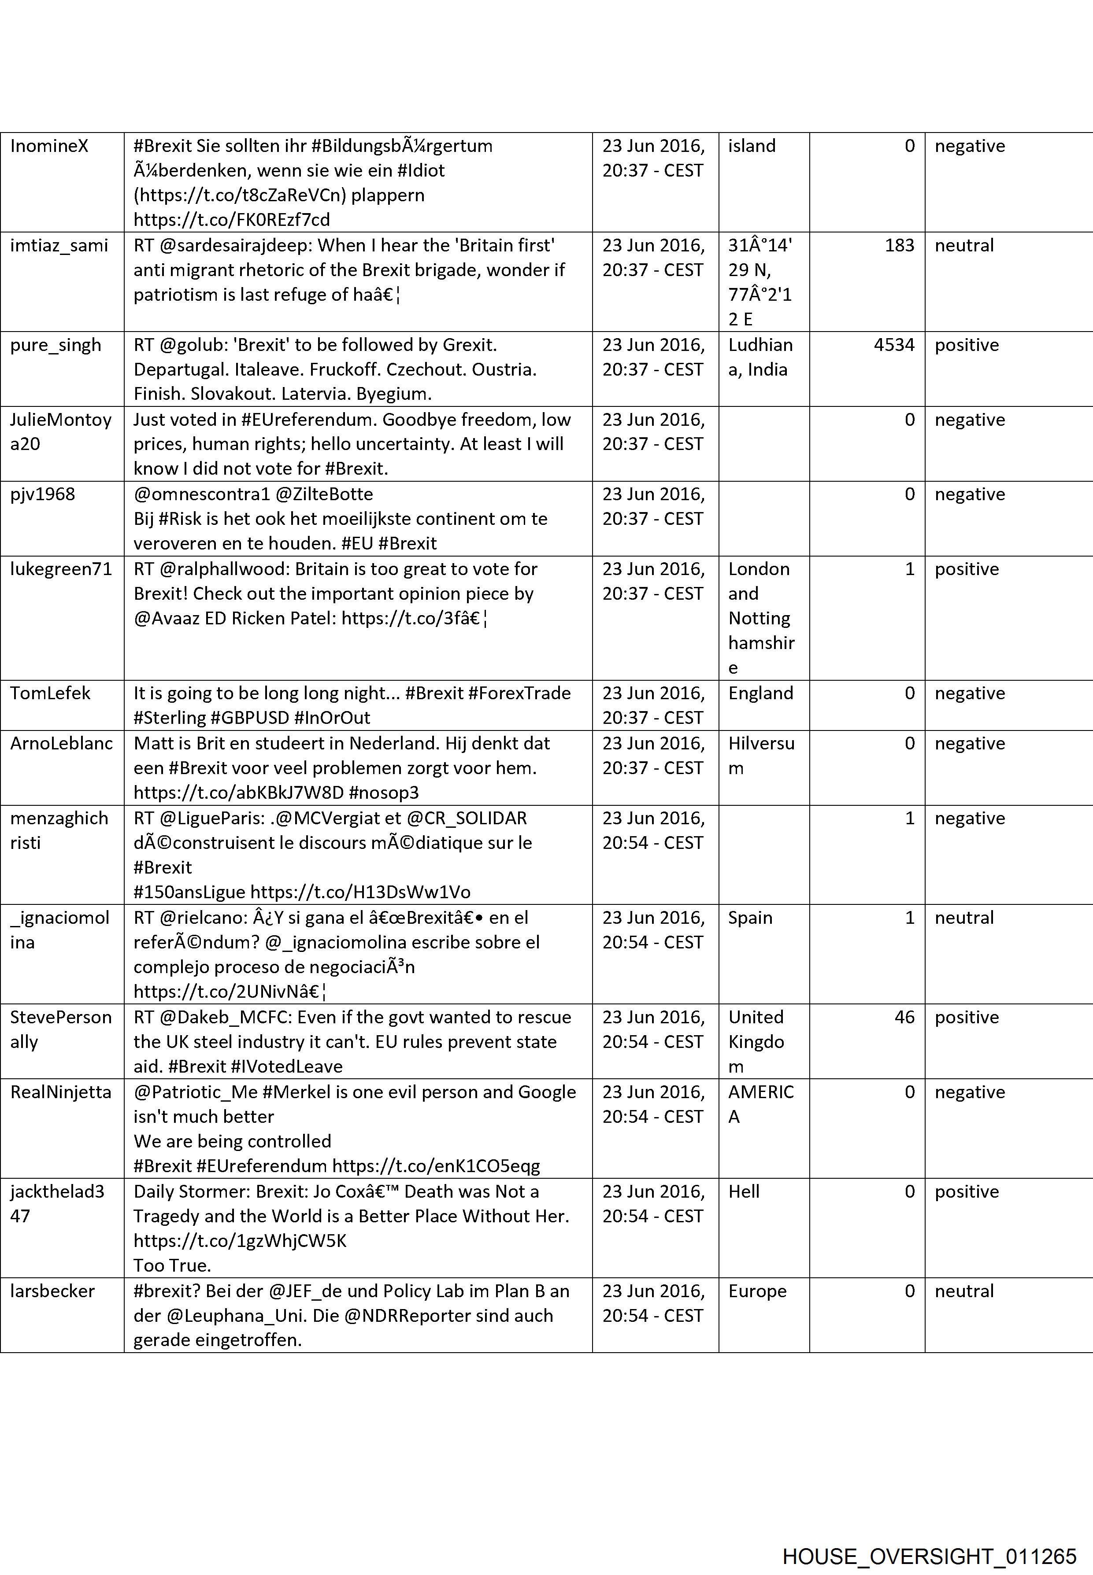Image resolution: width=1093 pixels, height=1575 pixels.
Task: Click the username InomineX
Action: click(x=49, y=146)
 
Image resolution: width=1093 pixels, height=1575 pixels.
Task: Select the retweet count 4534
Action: click(x=894, y=345)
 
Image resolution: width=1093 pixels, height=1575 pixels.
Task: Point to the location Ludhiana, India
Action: click(x=760, y=357)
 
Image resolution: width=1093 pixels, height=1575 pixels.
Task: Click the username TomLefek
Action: click(x=50, y=693)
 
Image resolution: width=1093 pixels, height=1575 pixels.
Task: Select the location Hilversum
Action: click(x=761, y=756)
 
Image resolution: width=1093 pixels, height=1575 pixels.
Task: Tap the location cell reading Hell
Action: click(x=744, y=1191)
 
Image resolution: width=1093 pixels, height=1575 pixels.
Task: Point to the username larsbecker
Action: click(x=52, y=1291)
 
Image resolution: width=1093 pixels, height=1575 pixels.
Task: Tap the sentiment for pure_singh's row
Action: click(x=966, y=345)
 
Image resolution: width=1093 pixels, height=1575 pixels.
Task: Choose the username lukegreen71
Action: click(x=61, y=569)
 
